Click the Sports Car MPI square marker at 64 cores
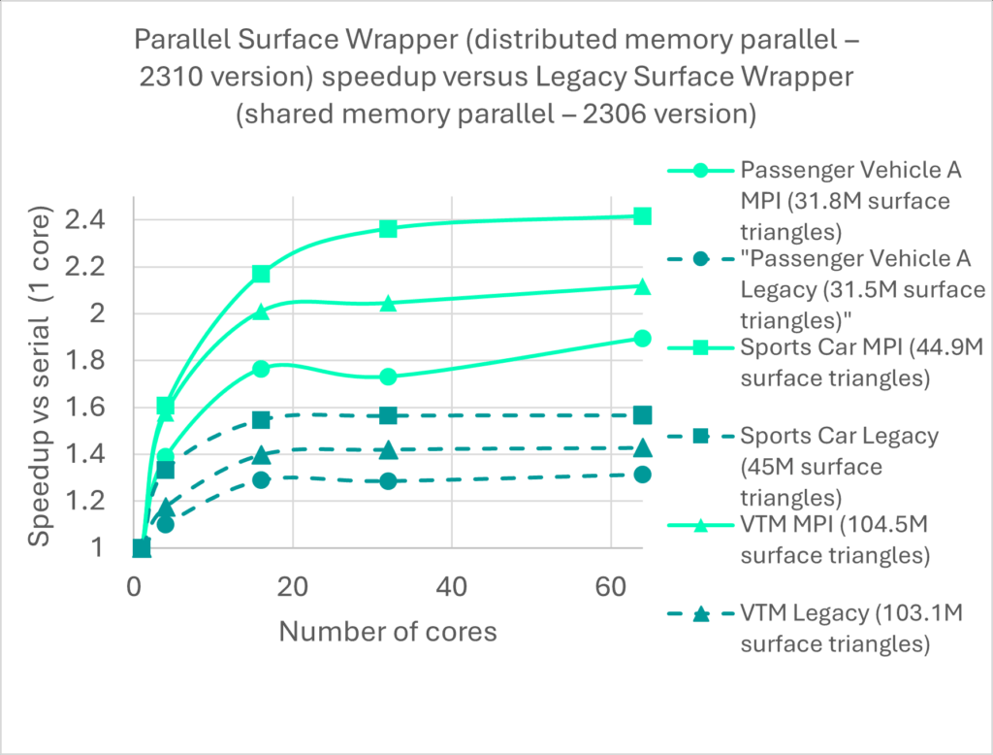pyautogui.click(x=641, y=215)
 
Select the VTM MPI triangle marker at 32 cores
pyautogui.click(x=388, y=303)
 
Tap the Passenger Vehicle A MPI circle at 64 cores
pyautogui.click(x=641, y=338)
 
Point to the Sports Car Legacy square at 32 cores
pyautogui.click(x=388, y=415)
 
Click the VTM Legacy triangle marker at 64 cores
pyautogui.click(x=641, y=447)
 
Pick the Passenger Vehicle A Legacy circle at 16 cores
pyautogui.click(x=261, y=479)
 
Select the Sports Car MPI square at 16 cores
pyautogui.click(x=261, y=274)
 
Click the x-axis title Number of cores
pyautogui.click(x=388, y=632)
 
